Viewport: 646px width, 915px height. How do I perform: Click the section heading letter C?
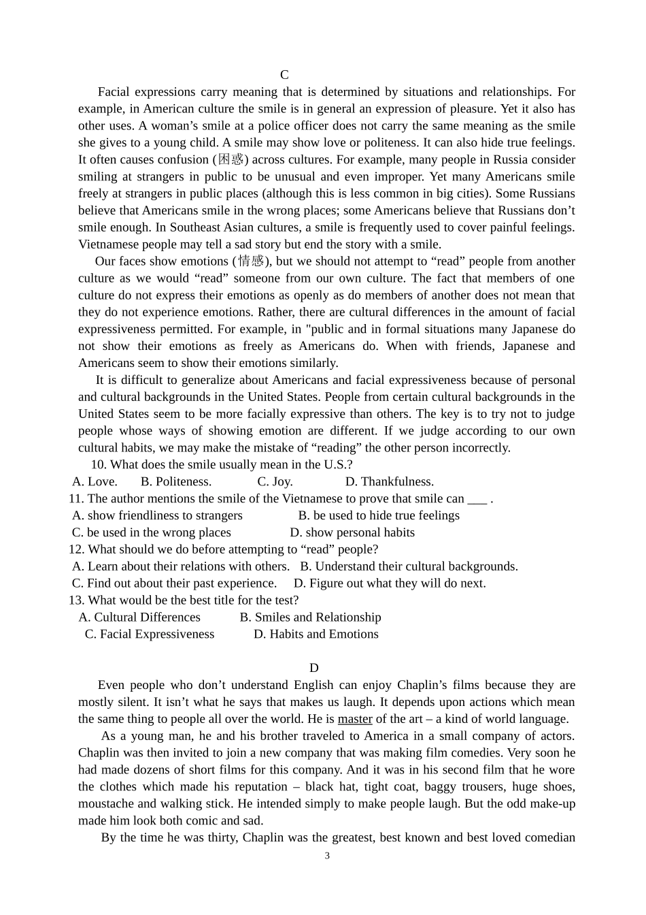[284, 75]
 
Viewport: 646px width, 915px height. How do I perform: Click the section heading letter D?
[313, 668]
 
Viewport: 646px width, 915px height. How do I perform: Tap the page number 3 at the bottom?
[327, 856]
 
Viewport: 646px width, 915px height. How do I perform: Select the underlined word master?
[355, 719]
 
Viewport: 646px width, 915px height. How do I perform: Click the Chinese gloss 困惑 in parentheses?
[231, 159]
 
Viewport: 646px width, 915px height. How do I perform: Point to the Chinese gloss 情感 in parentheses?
[251, 261]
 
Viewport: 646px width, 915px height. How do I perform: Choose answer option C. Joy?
[275, 482]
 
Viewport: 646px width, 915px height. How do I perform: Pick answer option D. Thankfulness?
[389, 482]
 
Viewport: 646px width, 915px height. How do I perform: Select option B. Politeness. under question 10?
[176, 482]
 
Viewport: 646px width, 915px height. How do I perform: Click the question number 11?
[75, 499]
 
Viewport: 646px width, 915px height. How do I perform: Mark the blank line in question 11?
[477, 500]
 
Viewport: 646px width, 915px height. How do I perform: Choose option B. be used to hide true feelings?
[379, 516]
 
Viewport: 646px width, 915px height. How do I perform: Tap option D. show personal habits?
[352, 533]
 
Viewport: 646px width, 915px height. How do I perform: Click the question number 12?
[75, 549]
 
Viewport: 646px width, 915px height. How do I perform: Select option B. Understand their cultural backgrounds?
[409, 566]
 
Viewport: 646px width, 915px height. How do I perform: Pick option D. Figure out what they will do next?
[390, 583]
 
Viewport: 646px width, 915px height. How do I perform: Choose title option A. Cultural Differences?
[139, 617]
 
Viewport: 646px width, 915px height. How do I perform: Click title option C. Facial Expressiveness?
[150, 635]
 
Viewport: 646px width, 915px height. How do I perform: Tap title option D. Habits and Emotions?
[316, 635]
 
